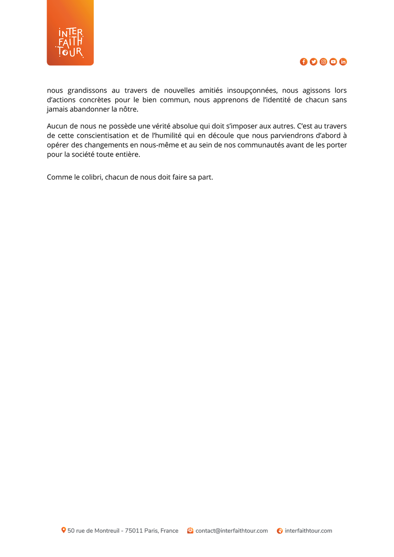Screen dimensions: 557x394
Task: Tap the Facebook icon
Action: pos(303,62)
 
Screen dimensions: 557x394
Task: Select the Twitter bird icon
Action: pos(314,62)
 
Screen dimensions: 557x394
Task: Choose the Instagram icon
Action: pos(323,62)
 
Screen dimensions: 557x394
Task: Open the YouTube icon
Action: pos(333,62)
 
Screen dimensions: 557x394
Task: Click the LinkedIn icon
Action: pos(343,62)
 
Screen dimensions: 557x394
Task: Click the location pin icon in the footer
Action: pos(64,530)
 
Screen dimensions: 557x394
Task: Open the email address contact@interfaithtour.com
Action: pos(231,531)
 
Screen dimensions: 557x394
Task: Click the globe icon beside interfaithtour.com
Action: pos(280,531)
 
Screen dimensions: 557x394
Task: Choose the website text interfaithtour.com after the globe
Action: pos(309,531)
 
